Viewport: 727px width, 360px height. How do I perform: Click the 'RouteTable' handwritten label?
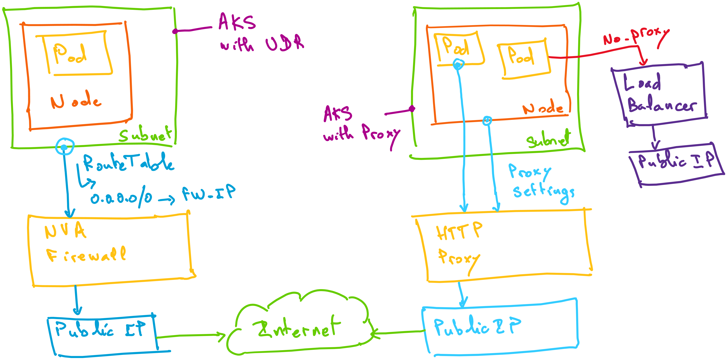(128, 163)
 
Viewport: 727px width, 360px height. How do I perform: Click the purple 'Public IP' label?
(676, 161)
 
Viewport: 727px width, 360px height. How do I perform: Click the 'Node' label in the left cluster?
(76, 101)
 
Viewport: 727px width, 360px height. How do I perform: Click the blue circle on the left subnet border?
(64, 147)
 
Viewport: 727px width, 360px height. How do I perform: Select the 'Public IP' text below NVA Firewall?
(100, 329)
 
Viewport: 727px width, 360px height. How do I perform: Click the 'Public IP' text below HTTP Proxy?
(477, 327)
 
